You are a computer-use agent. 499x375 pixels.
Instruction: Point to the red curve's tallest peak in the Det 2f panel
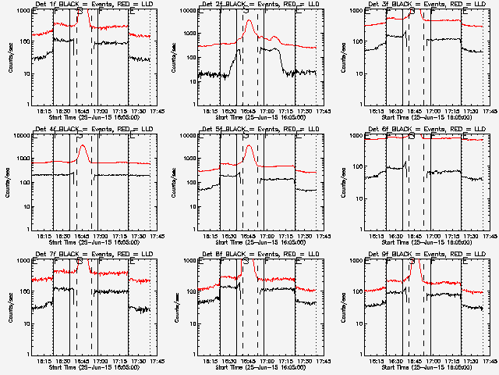[249, 21]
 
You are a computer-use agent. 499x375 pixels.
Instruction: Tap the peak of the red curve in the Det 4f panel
[83, 146]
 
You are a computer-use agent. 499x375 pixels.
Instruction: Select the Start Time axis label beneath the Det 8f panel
[257, 366]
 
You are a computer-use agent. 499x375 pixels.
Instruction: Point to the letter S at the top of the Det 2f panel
[246, 13]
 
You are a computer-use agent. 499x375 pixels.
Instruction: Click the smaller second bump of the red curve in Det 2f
[274, 36]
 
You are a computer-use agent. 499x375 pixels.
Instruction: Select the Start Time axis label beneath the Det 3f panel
[423, 116]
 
